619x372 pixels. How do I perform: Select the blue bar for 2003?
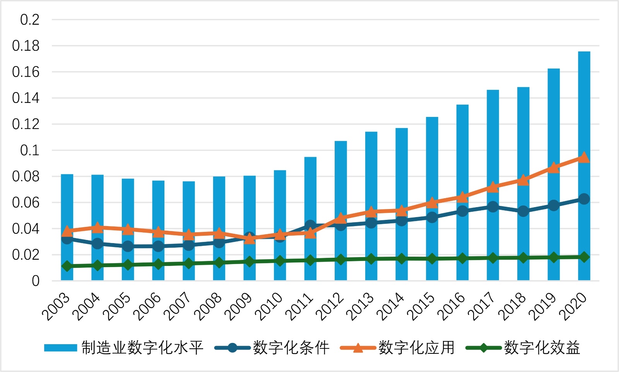[67, 201]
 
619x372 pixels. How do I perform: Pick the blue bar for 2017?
[492, 147]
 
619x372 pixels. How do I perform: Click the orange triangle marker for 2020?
[584, 157]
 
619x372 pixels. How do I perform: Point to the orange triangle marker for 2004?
[97, 227]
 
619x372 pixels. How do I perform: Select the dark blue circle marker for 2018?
[523, 211]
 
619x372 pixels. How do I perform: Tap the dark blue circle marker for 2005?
[128, 246]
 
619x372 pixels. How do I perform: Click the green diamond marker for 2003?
[67, 266]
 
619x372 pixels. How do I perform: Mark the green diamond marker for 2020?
[584, 257]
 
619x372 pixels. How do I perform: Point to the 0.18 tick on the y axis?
[26, 46]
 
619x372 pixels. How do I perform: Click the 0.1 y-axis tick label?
[30, 150]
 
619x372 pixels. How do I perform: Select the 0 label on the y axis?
[36, 281]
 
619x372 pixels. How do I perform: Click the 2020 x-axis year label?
[575, 307]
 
